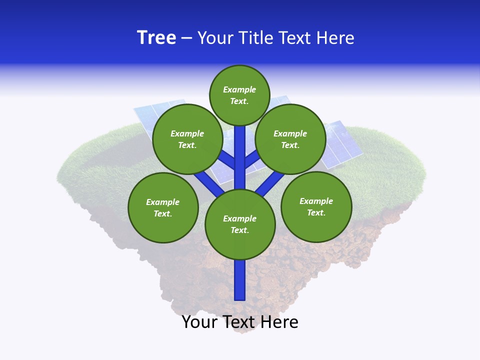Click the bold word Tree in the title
coord(156,38)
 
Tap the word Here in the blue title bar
coord(335,38)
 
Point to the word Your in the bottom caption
coord(199,322)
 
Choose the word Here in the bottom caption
coord(280,322)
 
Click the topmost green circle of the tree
coord(239,95)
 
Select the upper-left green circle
coord(187,139)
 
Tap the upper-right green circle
coord(290,139)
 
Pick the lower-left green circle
coord(163,207)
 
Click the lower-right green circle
coord(316,206)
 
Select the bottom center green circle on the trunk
coord(240,224)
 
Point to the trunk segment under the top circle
coord(240,150)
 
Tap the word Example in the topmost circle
coord(239,89)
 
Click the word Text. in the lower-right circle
coord(316,212)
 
